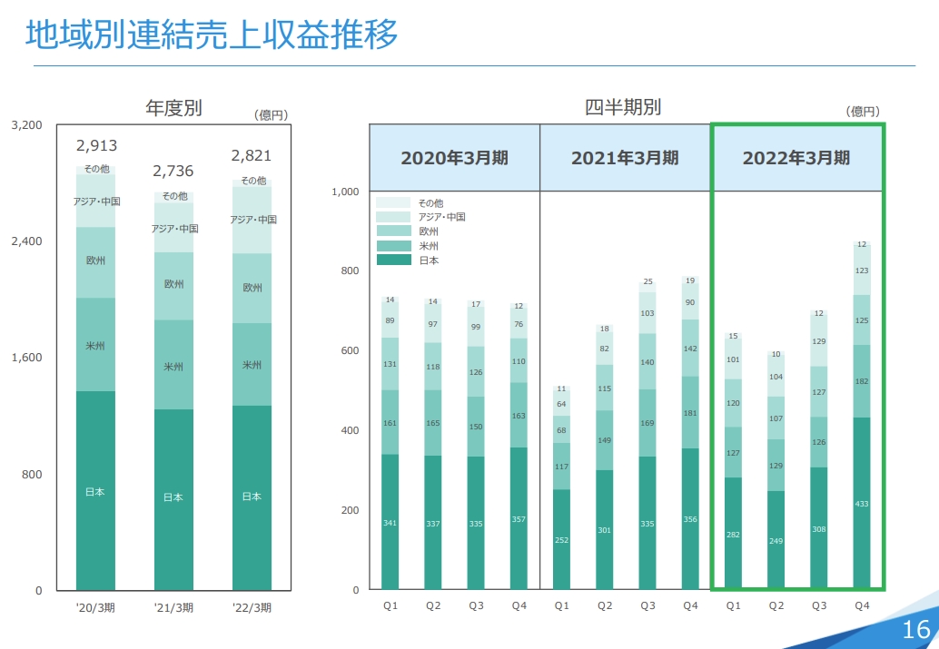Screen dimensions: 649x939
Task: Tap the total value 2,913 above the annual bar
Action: point(96,145)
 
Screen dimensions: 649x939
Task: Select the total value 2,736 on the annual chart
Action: point(173,171)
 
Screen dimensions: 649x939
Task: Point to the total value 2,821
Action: point(252,155)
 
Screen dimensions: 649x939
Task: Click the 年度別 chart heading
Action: point(173,108)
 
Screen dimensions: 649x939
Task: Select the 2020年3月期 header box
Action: point(454,158)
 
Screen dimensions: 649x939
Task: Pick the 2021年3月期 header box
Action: point(625,158)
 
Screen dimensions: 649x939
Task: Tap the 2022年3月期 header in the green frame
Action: point(796,158)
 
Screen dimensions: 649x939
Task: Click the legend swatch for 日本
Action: point(393,261)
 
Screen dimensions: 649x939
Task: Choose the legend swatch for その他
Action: point(393,202)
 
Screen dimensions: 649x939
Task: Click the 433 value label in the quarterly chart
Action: point(862,504)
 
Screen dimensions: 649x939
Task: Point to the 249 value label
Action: point(776,541)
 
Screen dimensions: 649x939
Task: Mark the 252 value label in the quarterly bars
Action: point(561,540)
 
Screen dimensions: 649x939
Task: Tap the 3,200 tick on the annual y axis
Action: point(26,125)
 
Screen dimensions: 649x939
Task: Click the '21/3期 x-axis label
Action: point(173,608)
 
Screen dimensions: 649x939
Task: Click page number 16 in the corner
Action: point(915,629)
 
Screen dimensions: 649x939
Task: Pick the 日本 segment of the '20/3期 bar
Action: point(95,492)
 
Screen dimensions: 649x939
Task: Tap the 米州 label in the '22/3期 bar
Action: point(252,365)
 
